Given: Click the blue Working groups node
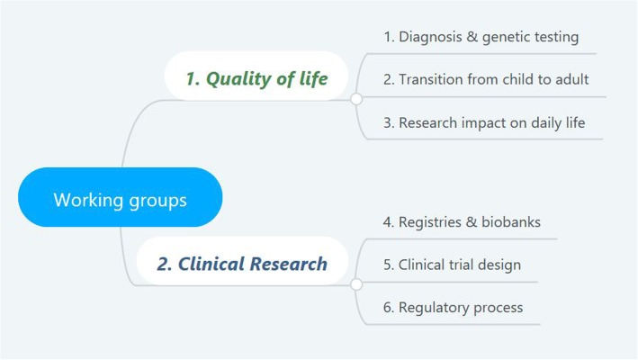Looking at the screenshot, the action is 120,197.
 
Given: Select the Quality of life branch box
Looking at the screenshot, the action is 256,76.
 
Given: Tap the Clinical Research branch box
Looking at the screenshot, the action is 242,261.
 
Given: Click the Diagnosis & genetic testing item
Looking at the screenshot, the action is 481,37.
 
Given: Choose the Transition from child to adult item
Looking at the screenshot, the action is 486,79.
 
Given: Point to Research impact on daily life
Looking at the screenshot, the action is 484,122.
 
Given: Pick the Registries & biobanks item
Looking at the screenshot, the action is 462,222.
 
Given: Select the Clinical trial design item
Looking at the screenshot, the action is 452,265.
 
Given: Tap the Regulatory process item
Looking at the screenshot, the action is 453,308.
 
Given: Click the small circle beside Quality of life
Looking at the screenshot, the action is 356,99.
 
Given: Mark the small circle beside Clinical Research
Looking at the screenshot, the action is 356,284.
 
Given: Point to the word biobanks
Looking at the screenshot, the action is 511,222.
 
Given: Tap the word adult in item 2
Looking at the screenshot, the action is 572,79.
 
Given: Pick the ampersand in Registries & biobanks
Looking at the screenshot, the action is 472,222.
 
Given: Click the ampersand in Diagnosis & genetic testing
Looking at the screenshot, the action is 472,37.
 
